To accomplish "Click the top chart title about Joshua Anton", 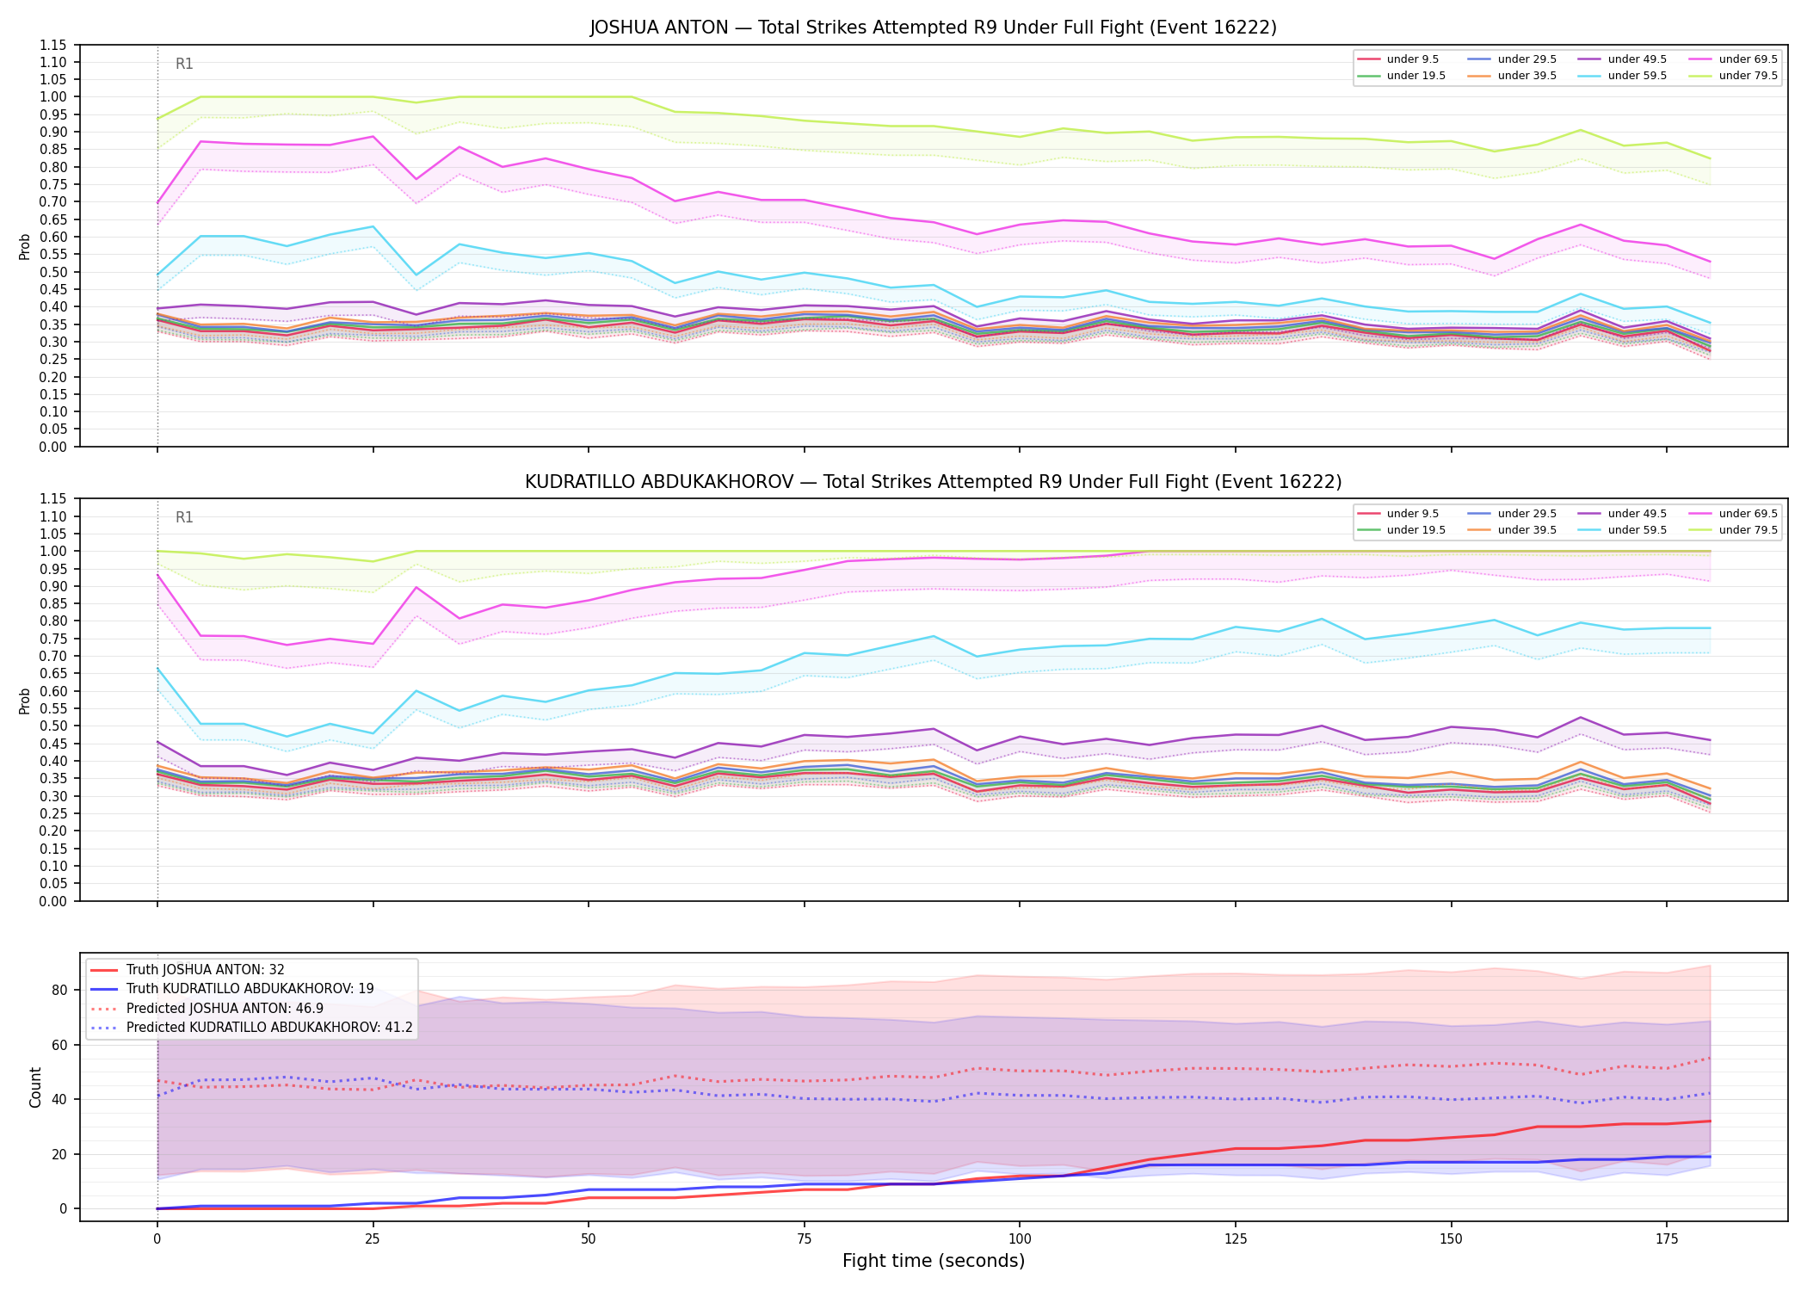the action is (933, 28).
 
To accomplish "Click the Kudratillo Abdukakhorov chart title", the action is (933, 482).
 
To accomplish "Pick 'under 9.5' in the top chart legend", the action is (1413, 59).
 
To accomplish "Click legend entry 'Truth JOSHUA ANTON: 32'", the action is (206, 970).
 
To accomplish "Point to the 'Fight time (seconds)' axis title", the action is (934, 1261).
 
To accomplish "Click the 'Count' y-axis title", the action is (35, 1087).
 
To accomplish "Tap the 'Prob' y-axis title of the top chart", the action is (25, 246).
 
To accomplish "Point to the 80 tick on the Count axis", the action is (59, 990).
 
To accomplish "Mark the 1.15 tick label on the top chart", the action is (54, 45).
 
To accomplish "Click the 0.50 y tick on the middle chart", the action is (54, 726).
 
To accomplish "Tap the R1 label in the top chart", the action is (184, 64).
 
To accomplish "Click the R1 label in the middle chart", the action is (184, 517).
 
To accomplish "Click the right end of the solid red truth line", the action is (1710, 1121).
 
